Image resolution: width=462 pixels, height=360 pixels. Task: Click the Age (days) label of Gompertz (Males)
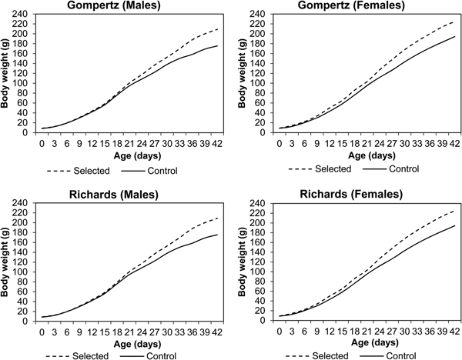click(130, 154)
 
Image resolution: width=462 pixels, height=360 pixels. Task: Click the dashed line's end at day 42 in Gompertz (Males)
click(218, 29)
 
